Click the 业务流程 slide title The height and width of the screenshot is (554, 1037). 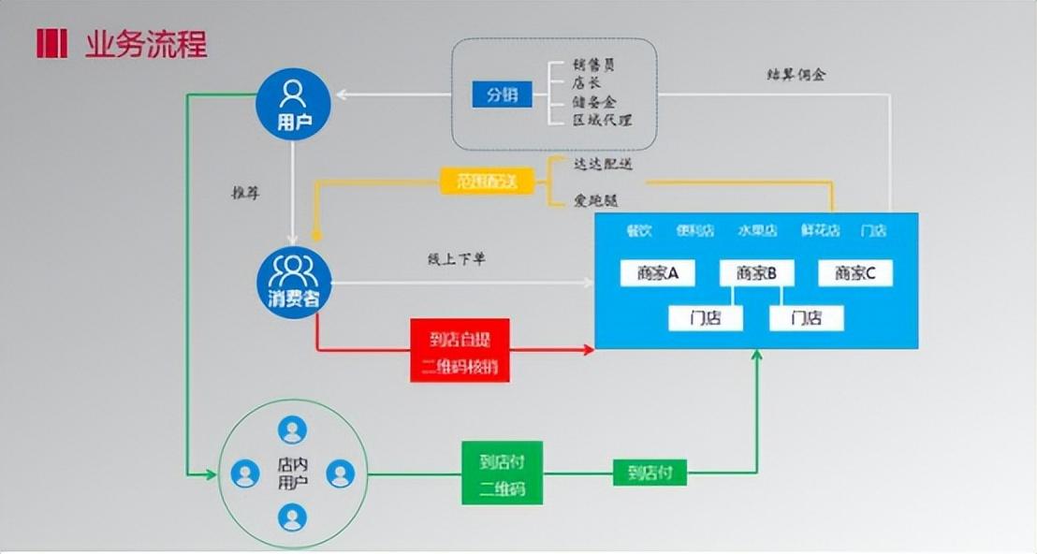145,44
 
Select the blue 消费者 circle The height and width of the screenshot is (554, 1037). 294,282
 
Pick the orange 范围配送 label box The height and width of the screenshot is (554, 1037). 486,181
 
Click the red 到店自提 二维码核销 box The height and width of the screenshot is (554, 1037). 460,349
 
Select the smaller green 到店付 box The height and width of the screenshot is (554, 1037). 650,473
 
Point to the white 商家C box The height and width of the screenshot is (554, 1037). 854,273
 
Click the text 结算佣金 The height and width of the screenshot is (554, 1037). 796,74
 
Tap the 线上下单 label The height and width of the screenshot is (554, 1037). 450,259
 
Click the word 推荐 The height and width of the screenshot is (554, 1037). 245,194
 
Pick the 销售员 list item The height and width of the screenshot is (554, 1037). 595,65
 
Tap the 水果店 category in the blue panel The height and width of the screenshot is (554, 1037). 757,230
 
